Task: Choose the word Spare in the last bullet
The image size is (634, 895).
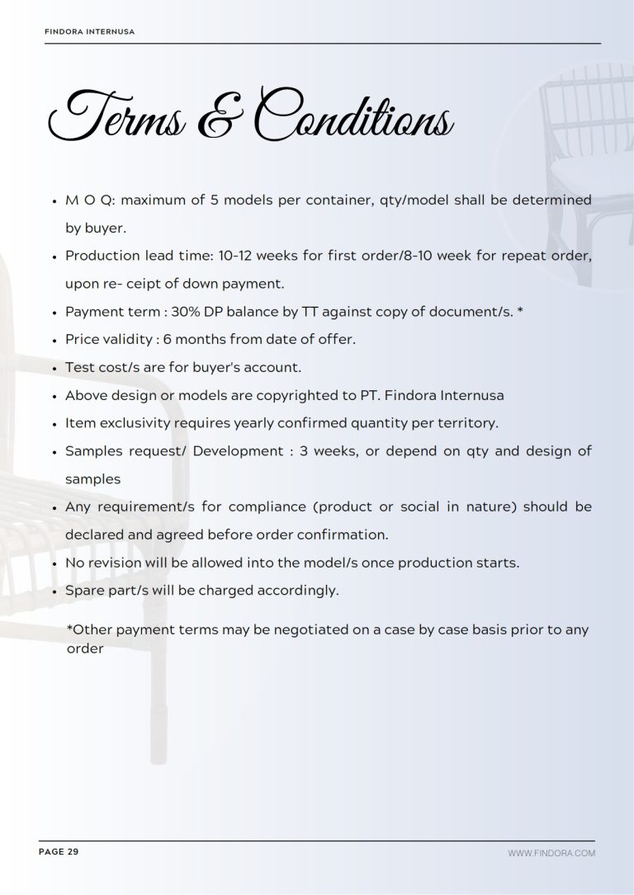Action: (x=83, y=591)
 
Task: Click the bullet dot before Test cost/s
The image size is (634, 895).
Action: (x=54, y=368)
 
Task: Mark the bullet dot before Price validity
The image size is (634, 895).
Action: (x=54, y=340)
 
